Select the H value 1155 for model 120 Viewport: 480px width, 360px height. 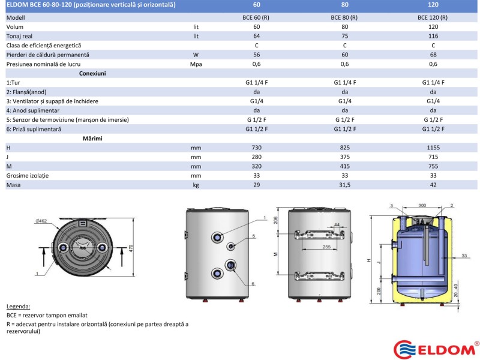point(433,148)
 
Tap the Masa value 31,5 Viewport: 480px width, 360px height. point(344,185)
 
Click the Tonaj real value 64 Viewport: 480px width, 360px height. point(257,36)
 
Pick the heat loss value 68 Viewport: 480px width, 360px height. point(433,55)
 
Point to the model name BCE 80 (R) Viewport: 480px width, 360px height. point(344,17)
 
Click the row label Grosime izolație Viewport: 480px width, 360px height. point(28,176)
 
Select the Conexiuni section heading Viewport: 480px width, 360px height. point(92,73)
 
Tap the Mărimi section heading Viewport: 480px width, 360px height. point(92,139)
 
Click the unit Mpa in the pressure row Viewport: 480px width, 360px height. point(196,64)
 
